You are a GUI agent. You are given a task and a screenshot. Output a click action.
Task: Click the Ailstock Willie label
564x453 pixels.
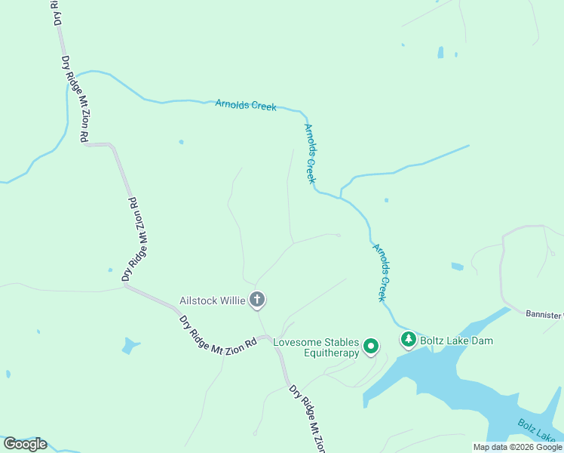coord(212,300)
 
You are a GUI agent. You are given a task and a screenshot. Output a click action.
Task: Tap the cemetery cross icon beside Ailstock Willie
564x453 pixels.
coord(257,300)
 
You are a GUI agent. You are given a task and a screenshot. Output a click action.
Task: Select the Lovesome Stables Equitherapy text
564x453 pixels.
coord(316,347)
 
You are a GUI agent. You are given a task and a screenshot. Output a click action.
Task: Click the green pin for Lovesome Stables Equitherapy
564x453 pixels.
coord(371,347)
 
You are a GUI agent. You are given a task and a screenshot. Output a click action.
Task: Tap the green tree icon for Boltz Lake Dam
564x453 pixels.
coord(408,341)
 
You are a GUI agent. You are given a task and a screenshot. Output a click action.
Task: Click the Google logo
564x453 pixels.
coord(25,444)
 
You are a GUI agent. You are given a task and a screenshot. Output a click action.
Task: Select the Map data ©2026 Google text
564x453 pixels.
coord(517,447)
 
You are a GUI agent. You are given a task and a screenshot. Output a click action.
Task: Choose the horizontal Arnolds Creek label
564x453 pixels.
coord(246,105)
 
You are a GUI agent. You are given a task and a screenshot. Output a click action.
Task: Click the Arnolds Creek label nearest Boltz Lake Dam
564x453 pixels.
coord(382,272)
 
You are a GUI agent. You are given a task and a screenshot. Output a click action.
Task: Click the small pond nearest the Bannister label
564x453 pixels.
coord(457,267)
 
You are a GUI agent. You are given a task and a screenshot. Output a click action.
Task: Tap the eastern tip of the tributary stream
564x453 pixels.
coord(468,146)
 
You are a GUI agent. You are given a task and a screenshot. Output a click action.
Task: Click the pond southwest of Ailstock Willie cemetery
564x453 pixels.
coord(130,347)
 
